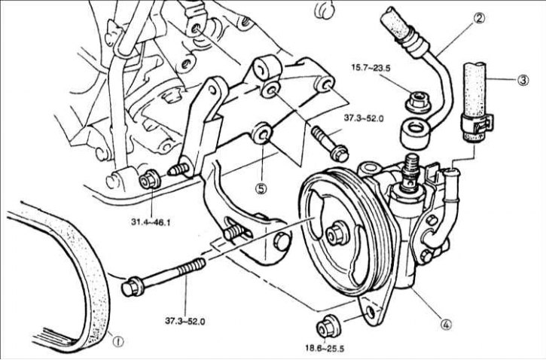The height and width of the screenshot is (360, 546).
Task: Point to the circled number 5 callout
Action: click(x=261, y=188)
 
